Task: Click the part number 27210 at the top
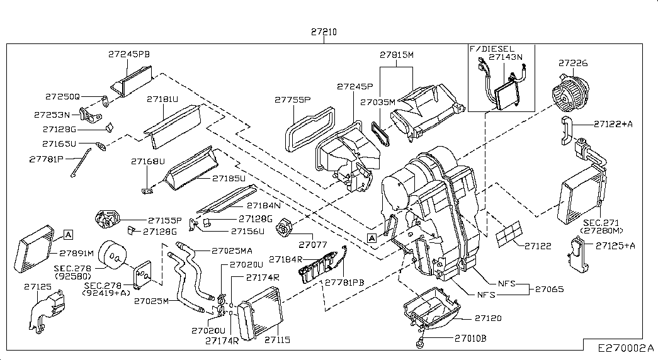324,31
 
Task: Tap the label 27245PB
128,54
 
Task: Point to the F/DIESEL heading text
492,48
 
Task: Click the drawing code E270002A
626,347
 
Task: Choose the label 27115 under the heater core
277,340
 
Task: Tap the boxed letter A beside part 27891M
69,235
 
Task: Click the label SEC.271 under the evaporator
601,222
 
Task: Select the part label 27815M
396,54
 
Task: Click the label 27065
548,289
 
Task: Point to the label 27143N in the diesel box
505,57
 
